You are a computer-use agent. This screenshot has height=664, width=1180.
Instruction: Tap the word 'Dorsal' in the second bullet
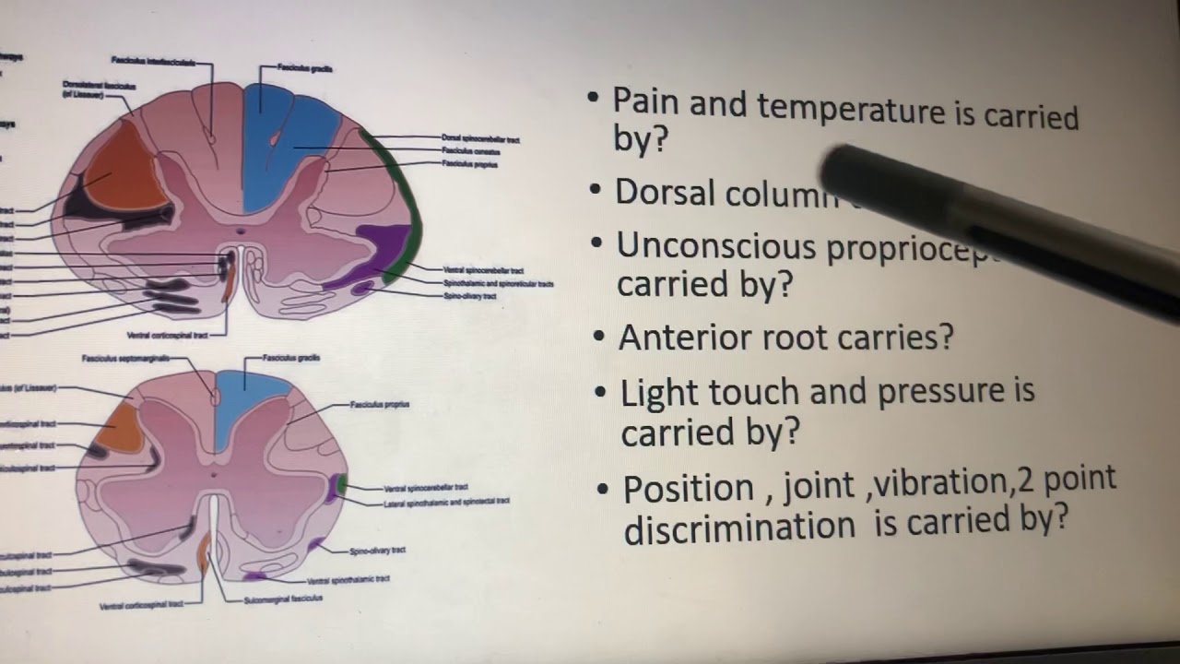pos(665,192)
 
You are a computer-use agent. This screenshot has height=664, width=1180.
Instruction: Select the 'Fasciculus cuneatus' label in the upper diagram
pos(469,150)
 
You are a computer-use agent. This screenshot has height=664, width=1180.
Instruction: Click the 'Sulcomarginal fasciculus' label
pos(283,599)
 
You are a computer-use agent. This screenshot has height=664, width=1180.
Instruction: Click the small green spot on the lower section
pos(342,482)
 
